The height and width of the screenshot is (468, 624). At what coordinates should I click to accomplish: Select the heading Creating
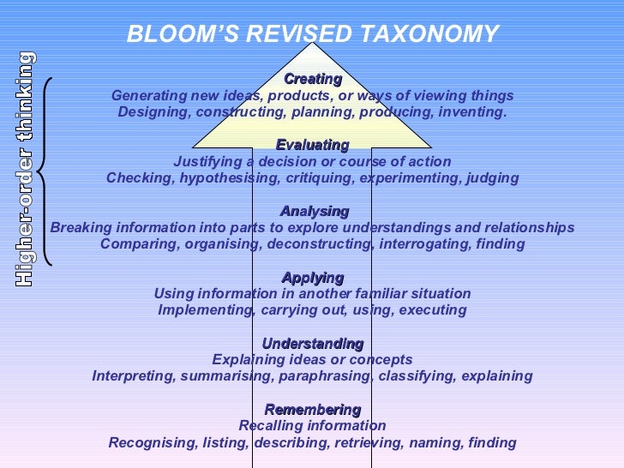click(x=313, y=79)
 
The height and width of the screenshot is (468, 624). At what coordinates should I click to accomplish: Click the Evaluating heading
click(x=313, y=145)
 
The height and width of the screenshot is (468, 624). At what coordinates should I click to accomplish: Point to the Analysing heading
click(x=315, y=211)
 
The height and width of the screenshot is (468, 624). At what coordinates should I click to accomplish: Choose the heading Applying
click(x=313, y=278)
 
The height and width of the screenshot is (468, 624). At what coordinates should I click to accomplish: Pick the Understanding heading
click(x=313, y=344)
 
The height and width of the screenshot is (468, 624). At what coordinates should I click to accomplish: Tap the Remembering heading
click(x=313, y=410)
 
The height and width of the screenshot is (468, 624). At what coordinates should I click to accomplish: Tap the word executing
click(x=435, y=310)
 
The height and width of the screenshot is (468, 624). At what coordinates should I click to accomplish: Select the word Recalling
click(x=267, y=426)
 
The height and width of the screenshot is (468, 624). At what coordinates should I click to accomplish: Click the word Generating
click(x=147, y=96)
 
